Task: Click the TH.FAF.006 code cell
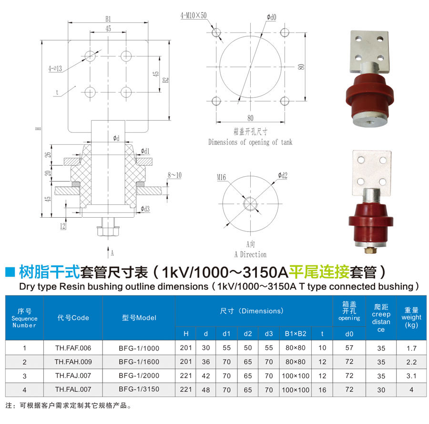click(x=73, y=348)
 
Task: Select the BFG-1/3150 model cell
click(x=139, y=390)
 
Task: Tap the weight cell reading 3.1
click(x=411, y=376)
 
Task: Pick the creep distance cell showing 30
click(x=381, y=390)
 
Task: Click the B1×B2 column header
click(x=296, y=334)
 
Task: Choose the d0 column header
click(x=349, y=334)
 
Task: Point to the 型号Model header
click(x=139, y=318)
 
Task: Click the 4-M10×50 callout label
click(x=194, y=16)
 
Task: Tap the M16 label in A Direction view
click(x=221, y=177)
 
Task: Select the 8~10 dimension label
click(x=174, y=175)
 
